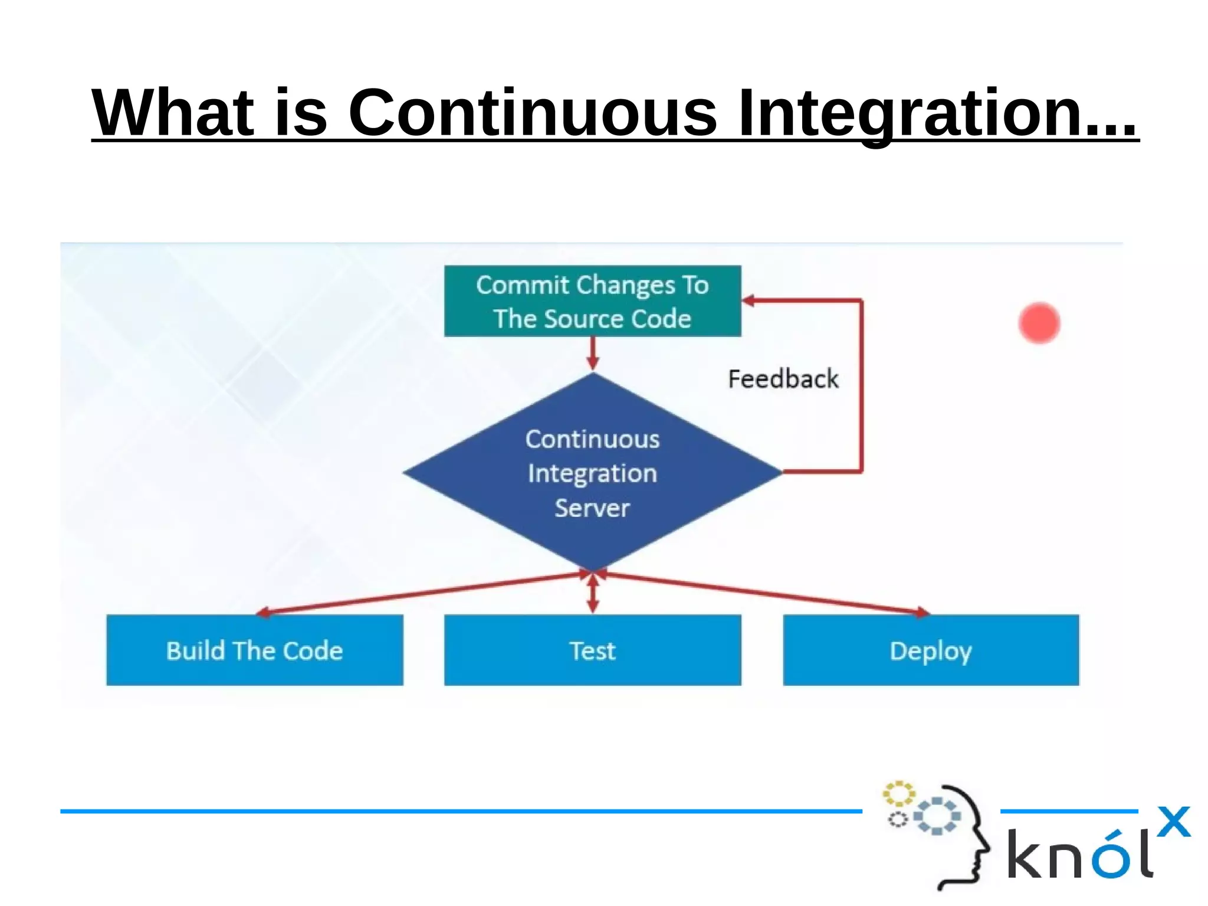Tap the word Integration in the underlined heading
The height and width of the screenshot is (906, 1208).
point(937,112)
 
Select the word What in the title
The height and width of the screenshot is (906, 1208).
point(173,112)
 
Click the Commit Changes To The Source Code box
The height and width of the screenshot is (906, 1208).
point(592,301)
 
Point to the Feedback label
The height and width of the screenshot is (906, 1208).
point(783,379)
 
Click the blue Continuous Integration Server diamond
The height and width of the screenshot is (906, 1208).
point(592,472)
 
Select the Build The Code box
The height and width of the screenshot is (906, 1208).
point(254,650)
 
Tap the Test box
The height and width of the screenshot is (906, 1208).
point(592,650)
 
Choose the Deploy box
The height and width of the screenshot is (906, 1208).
point(930,650)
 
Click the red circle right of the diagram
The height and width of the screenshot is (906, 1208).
point(1039,323)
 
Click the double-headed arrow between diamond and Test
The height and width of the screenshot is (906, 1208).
point(593,593)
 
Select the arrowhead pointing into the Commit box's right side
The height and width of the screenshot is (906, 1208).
point(749,301)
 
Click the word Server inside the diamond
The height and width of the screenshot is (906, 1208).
point(592,508)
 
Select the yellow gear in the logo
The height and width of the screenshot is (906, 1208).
point(898,794)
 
